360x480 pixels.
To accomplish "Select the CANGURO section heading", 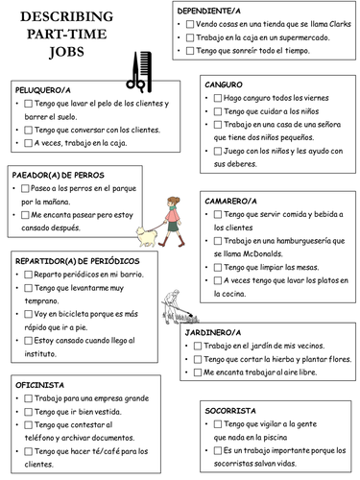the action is point(224,84).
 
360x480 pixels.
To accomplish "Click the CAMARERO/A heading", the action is point(230,202).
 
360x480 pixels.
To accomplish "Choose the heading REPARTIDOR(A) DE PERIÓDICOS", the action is point(77,261).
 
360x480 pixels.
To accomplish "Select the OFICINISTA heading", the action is point(40,383).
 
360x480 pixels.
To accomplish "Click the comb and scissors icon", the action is point(139,70).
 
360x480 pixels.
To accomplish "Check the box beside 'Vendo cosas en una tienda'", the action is point(188,22).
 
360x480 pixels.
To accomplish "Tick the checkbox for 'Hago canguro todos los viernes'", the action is point(215,98).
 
